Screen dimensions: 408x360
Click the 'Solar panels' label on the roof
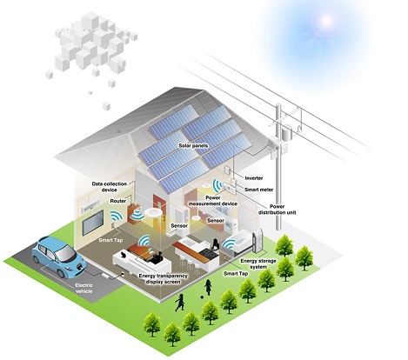pos(193,145)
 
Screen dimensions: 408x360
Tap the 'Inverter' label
pos(254,178)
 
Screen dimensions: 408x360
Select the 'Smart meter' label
pos(259,190)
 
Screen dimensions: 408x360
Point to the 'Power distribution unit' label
pos(277,210)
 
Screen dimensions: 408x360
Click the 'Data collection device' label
pos(110,187)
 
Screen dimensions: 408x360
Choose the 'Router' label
pos(118,201)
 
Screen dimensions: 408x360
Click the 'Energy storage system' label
pos(258,263)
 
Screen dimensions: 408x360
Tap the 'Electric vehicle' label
pos(84,288)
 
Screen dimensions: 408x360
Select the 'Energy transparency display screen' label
pos(163,279)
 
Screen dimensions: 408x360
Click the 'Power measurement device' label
pos(213,201)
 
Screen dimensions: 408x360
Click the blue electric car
pos(59,256)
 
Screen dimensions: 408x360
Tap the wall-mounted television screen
pos(93,223)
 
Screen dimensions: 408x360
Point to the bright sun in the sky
pos(327,21)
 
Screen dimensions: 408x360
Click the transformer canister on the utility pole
pos(287,132)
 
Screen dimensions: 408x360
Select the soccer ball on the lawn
pos(201,297)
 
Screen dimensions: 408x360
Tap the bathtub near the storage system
pos(238,243)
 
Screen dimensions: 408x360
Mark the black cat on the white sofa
pos(123,255)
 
